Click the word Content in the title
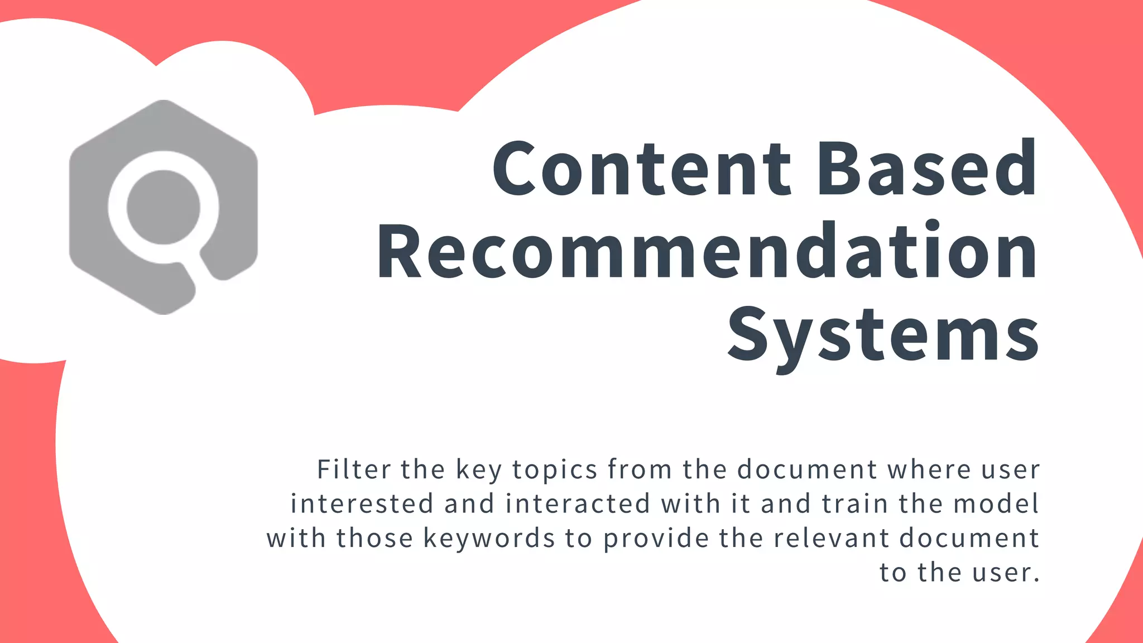click(x=642, y=169)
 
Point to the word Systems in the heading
click(x=883, y=334)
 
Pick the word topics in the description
click(x=555, y=469)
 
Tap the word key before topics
click(x=479, y=470)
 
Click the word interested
click(x=362, y=503)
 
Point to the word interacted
click(x=578, y=503)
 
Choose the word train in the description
click(x=854, y=503)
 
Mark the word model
click(x=996, y=503)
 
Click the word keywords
click(x=489, y=538)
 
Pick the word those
click(x=374, y=538)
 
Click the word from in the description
click(x=640, y=469)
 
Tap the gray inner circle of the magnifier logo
click(x=163, y=207)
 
